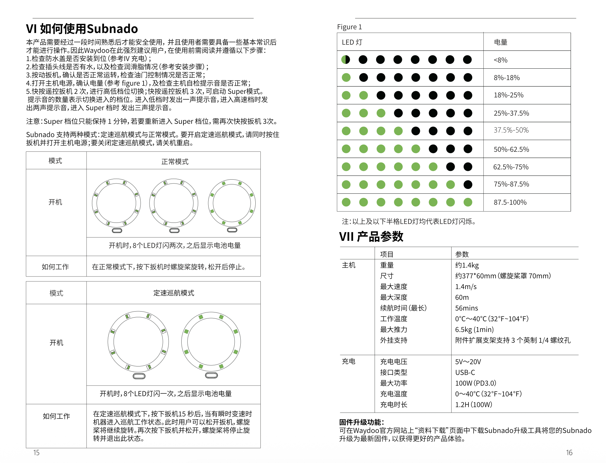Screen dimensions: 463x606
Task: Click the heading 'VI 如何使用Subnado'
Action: (x=82, y=29)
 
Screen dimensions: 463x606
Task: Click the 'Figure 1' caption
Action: (x=349, y=27)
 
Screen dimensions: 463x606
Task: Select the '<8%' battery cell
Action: (x=501, y=60)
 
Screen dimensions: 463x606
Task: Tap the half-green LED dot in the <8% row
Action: (x=346, y=60)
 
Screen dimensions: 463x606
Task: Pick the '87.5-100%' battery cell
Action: (x=510, y=202)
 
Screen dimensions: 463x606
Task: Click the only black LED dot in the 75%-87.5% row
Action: (x=468, y=185)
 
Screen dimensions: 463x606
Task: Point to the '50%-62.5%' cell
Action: (x=511, y=149)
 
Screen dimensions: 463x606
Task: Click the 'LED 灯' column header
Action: (x=352, y=42)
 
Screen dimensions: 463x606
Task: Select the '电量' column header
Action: (x=501, y=42)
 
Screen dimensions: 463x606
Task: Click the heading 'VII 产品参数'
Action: (x=371, y=237)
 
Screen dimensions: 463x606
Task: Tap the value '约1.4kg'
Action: (x=467, y=265)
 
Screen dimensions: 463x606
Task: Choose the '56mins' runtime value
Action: (x=466, y=308)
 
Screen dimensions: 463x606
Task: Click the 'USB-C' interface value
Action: (x=465, y=373)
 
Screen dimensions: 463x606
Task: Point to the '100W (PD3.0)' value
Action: (x=476, y=383)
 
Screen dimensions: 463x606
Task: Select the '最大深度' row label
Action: (x=394, y=297)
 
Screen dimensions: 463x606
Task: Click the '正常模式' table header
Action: (x=175, y=162)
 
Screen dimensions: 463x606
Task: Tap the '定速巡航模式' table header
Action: (x=174, y=293)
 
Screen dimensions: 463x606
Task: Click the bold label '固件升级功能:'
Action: (x=361, y=422)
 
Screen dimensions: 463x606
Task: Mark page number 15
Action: (x=36, y=453)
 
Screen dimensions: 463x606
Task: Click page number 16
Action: (x=569, y=453)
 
